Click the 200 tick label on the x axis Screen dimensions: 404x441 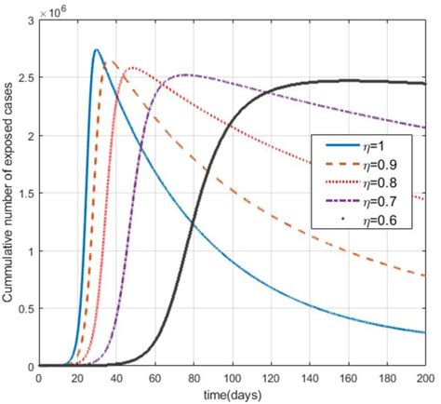point(424,379)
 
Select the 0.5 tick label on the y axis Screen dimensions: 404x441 point(26,309)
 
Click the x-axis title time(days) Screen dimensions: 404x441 point(232,395)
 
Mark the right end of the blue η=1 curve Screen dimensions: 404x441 point(424,332)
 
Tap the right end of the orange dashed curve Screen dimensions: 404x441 point(424,276)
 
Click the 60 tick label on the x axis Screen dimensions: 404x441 point(154,379)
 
